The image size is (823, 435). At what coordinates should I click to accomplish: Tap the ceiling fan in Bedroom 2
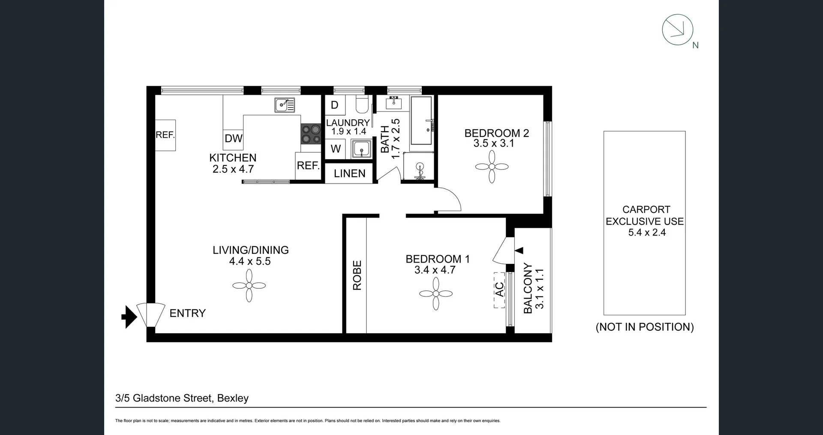(x=492, y=167)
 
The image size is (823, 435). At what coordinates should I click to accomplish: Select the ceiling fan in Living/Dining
(x=249, y=286)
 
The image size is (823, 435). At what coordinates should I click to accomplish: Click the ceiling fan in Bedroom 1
(x=436, y=293)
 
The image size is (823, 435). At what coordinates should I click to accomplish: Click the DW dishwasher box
(x=233, y=138)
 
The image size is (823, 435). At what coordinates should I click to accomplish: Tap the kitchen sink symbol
(x=285, y=104)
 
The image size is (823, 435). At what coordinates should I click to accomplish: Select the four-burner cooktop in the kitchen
(x=311, y=134)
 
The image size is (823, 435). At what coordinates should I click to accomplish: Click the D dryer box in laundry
(x=335, y=105)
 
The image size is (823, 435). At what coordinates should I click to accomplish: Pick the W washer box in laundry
(x=336, y=149)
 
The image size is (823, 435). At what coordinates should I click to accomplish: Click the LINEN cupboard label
(x=349, y=173)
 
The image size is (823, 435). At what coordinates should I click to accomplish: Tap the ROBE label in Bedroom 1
(x=357, y=275)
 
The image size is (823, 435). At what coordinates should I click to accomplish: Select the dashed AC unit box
(x=499, y=290)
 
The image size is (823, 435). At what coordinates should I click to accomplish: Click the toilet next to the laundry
(x=362, y=103)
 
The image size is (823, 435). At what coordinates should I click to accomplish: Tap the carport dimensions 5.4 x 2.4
(x=646, y=233)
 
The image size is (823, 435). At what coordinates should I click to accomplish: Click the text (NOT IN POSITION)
(x=644, y=327)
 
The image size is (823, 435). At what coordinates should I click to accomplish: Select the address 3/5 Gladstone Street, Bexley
(x=182, y=398)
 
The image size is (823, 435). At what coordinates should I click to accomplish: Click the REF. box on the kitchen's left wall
(x=165, y=135)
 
